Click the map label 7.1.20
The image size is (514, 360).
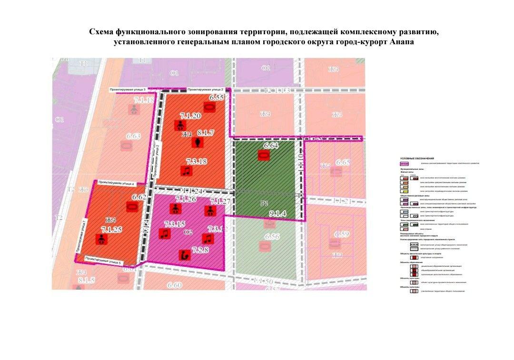(190, 116)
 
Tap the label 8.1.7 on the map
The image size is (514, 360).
(206, 133)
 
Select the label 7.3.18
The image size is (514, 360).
(196, 162)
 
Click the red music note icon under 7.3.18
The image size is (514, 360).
(187, 171)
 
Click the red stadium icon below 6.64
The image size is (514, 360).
(263, 155)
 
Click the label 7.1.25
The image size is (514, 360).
(111, 230)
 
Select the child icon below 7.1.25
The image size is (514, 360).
(101, 240)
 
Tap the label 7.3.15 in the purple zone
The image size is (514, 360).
(175, 224)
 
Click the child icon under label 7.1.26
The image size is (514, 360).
(175, 209)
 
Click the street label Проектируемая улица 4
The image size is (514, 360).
(116, 183)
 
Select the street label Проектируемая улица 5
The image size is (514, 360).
(103, 261)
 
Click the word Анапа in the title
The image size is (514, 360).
(402, 42)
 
